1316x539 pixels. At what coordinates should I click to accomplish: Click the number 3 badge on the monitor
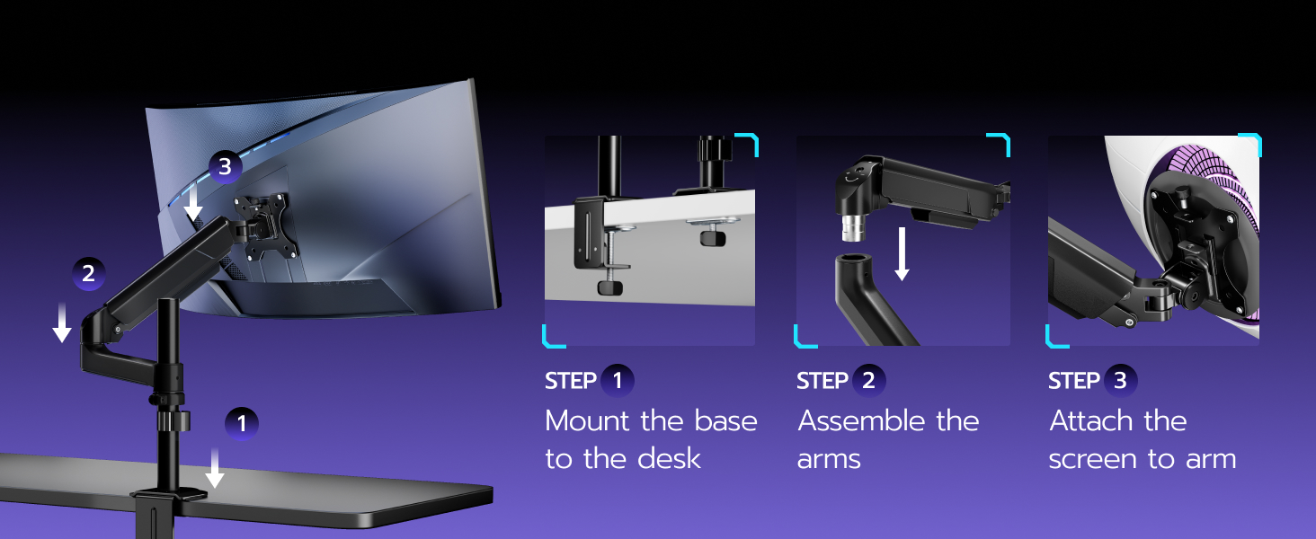(225, 167)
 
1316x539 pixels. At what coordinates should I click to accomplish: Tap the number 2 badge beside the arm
(88, 274)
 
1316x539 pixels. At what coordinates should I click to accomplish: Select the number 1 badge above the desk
(241, 423)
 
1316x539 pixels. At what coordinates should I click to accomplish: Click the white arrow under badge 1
(214, 467)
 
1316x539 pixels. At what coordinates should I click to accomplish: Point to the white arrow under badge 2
(61, 323)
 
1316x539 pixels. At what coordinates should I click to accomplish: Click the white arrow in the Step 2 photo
(903, 255)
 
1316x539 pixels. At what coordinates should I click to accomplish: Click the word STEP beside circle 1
(570, 381)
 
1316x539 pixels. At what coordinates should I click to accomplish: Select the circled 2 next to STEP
(868, 381)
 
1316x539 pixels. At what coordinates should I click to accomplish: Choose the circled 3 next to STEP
(1120, 381)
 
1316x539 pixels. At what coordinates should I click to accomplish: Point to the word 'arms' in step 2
(829, 458)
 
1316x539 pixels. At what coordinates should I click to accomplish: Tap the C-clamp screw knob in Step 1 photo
(612, 287)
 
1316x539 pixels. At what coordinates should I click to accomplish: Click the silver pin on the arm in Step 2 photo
(849, 231)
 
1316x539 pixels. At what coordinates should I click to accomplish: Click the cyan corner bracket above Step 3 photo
(1252, 142)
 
